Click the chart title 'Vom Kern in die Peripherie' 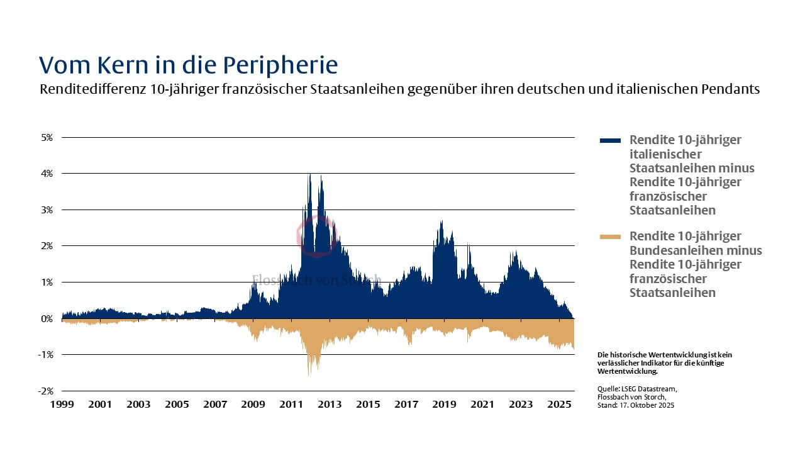(188, 65)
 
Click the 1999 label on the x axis (62, 404)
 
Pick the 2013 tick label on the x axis (330, 404)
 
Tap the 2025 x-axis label (559, 404)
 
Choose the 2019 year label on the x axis (444, 404)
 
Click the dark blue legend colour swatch (610, 140)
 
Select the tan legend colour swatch (610, 237)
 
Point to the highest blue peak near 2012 (309, 174)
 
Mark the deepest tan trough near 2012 (309, 374)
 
